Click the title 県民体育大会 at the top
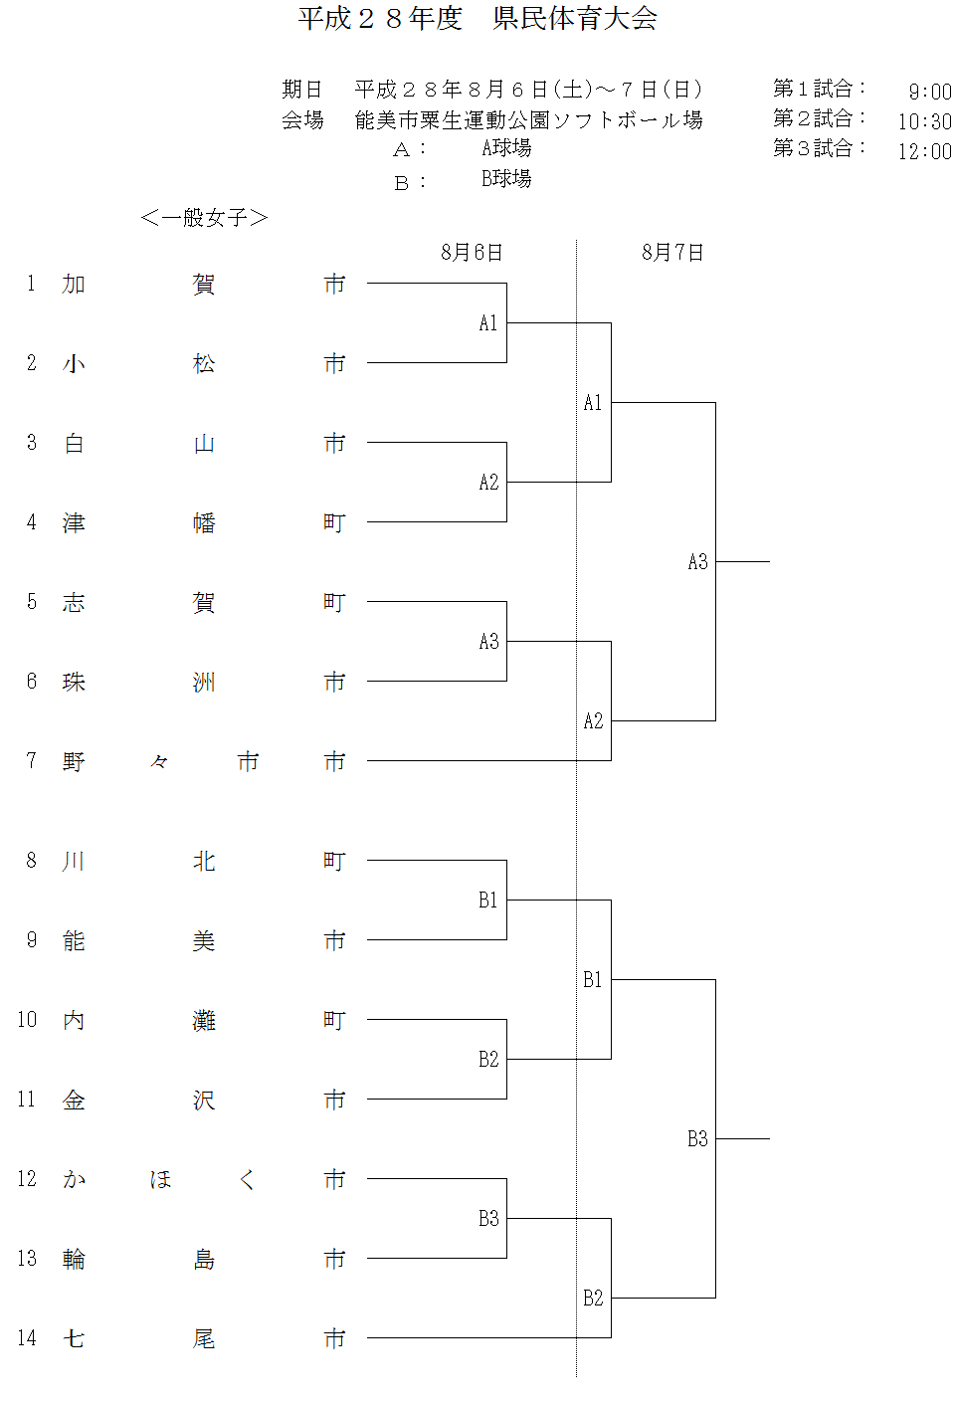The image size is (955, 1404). click(x=575, y=19)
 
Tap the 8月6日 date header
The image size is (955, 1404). click(x=472, y=253)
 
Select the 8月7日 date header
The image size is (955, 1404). click(x=672, y=253)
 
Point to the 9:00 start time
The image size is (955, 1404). click(x=929, y=92)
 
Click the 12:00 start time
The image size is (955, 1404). click(x=924, y=151)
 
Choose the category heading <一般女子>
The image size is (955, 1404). click(x=204, y=218)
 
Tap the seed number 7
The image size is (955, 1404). click(x=31, y=761)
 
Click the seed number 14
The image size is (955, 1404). click(x=27, y=1338)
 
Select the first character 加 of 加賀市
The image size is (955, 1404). click(x=74, y=285)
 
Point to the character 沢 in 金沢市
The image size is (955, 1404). click(x=204, y=1101)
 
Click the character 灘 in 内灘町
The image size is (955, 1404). click(x=204, y=1021)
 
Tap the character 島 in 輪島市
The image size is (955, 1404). click(x=204, y=1260)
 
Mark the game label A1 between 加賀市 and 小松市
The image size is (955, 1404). click(x=487, y=323)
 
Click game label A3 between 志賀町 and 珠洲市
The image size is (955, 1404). click(x=488, y=642)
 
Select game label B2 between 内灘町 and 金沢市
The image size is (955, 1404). click(x=488, y=1060)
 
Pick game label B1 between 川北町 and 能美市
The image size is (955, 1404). click(x=487, y=901)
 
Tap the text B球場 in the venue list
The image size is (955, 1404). click(x=506, y=179)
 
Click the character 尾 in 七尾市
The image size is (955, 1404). click(x=204, y=1339)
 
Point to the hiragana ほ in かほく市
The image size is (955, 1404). click(x=160, y=1180)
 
